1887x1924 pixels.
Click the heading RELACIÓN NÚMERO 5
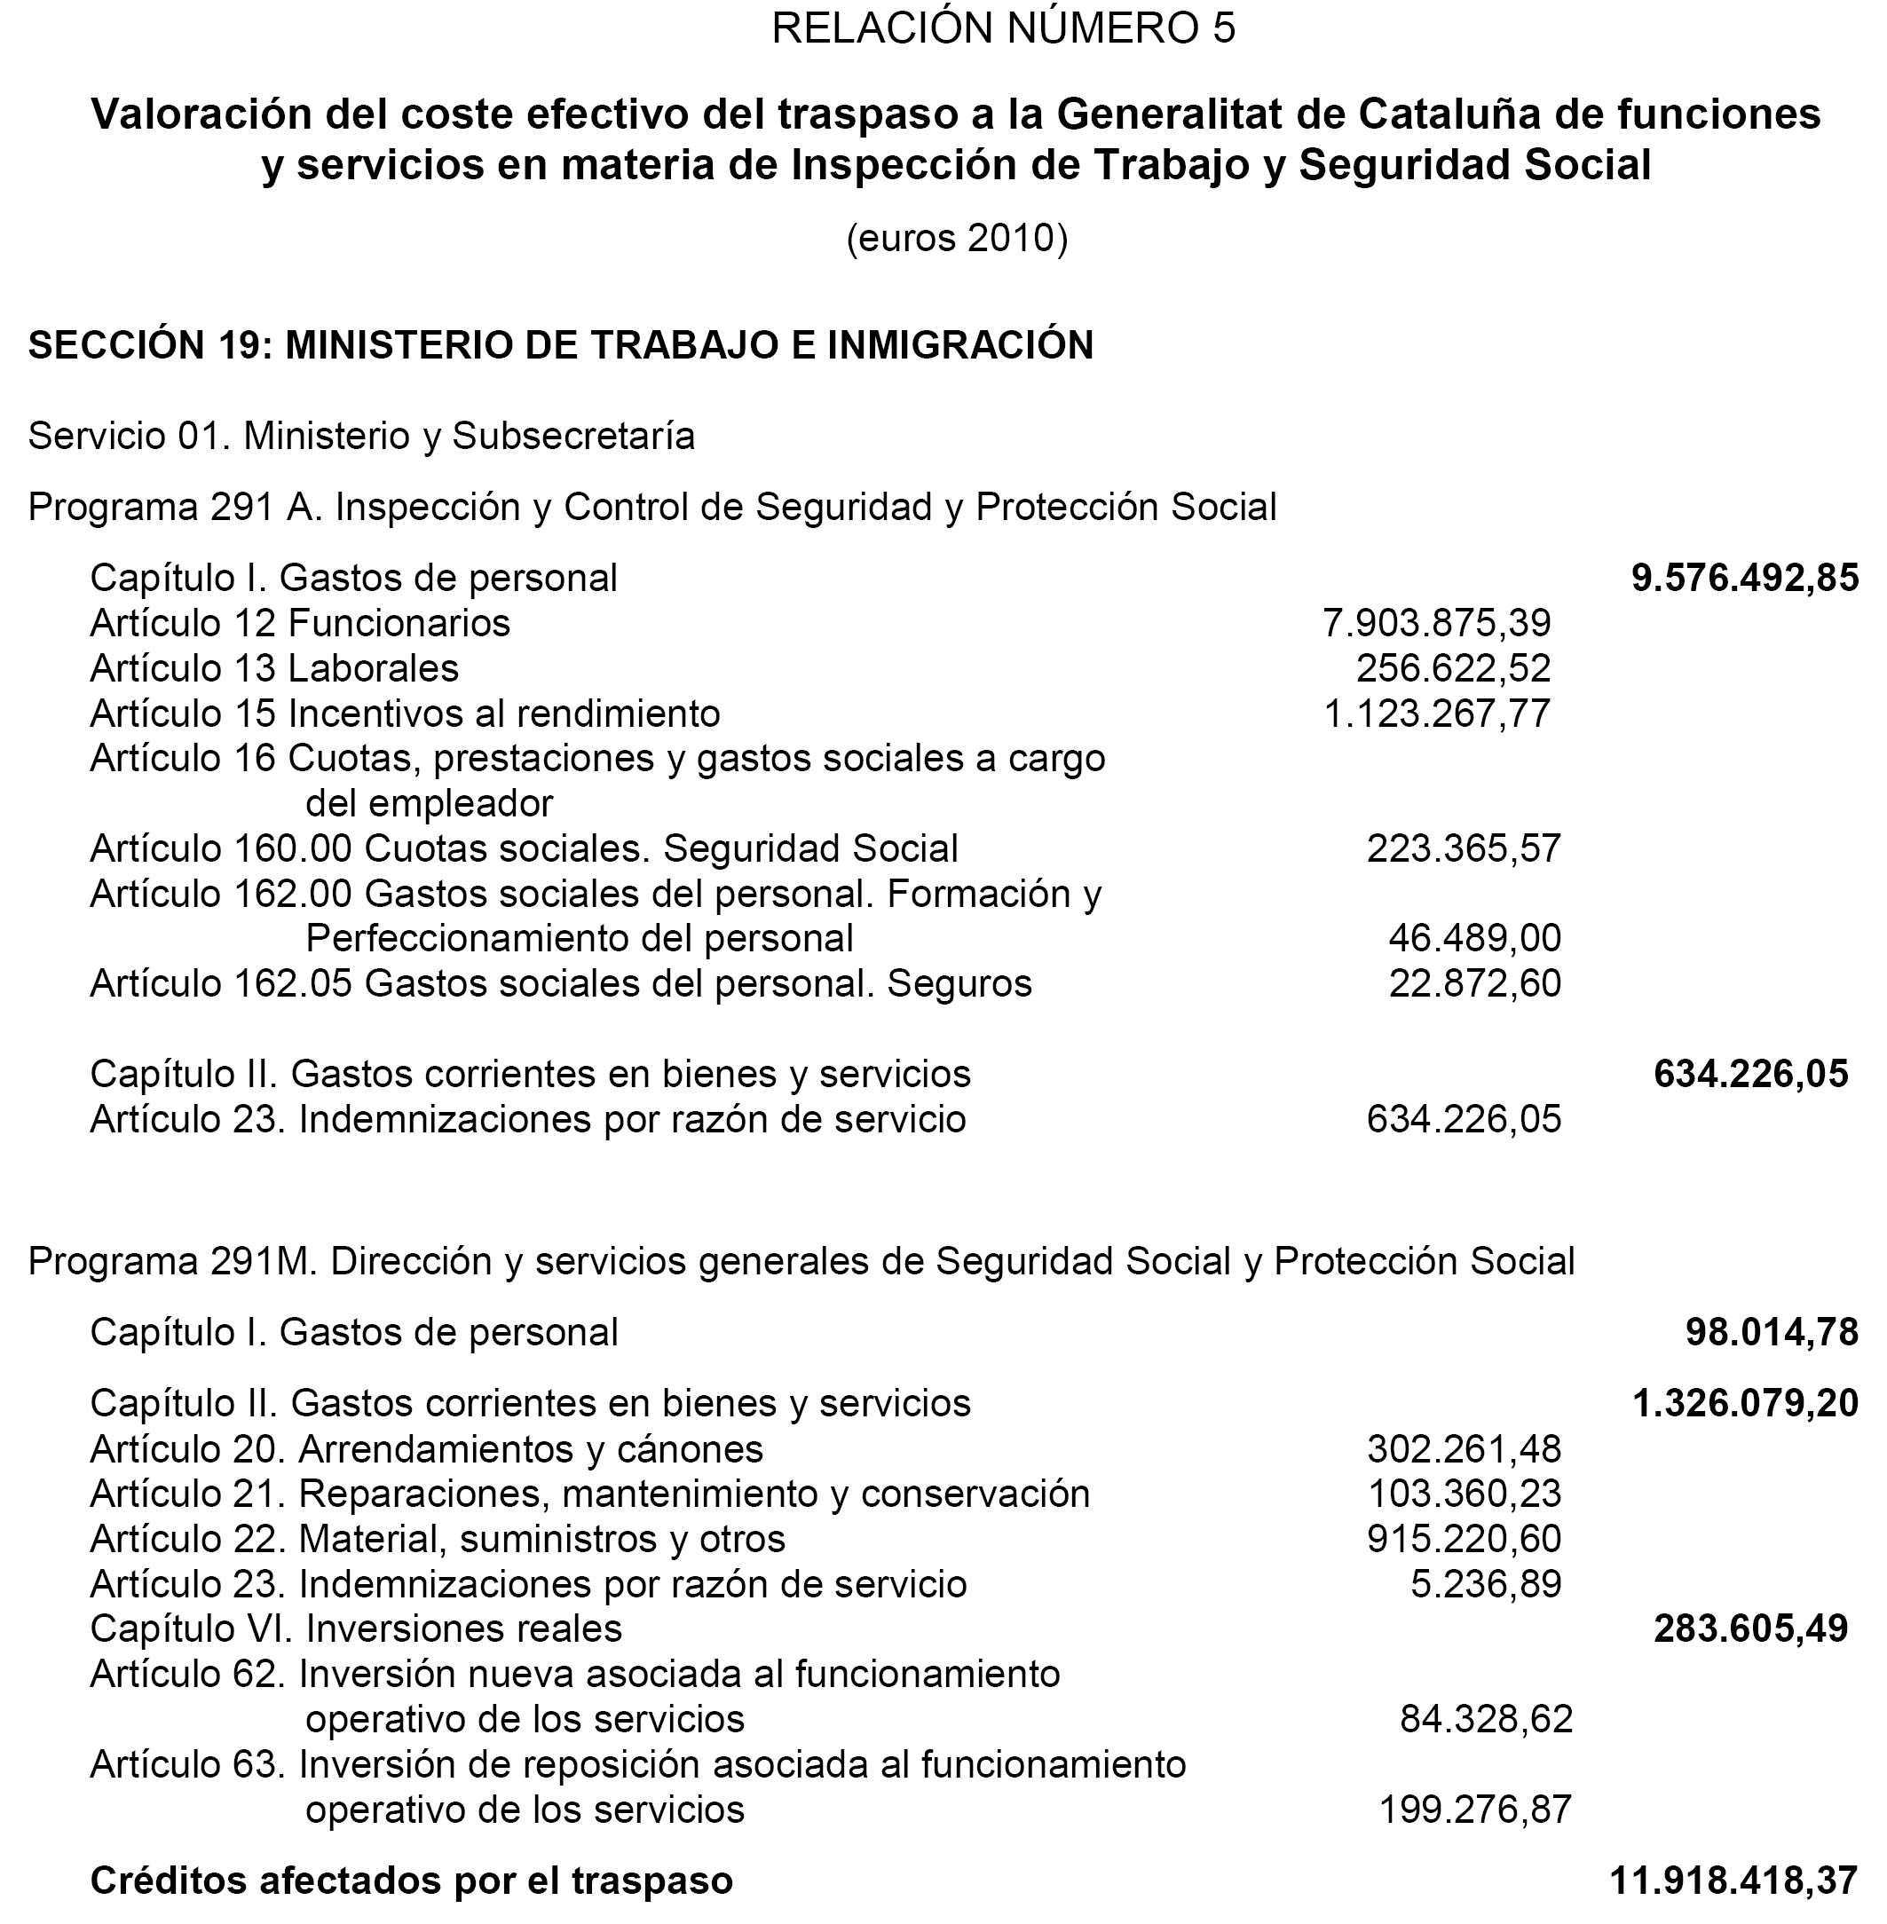[x=1003, y=29]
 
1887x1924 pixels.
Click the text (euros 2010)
[x=957, y=239]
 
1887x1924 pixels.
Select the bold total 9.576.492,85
[x=1744, y=579]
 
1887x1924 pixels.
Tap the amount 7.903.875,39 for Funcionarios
[x=1436, y=623]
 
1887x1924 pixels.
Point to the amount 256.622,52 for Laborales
[x=1453, y=669]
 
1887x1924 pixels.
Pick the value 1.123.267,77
[x=1436, y=714]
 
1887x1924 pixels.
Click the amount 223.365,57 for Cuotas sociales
[x=1463, y=849]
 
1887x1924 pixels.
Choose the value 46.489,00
[x=1473, y=938]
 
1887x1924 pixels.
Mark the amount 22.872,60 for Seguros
[x=1473, y=984]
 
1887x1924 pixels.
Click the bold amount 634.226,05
[x=1750, y=1074]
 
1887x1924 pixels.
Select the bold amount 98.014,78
[x=1771, y=1333]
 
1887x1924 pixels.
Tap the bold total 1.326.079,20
[x=1744, y=1404]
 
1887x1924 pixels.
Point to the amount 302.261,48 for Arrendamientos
[x=1464, y=1449]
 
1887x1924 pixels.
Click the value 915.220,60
[x=1464, y=1539]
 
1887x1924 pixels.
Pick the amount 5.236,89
[x=1486, y=1584]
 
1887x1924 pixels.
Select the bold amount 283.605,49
[x=1750, y=1628]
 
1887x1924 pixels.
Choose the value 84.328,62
[x=1486, y=1719]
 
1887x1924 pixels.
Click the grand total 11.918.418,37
[x=1733, y=1881]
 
